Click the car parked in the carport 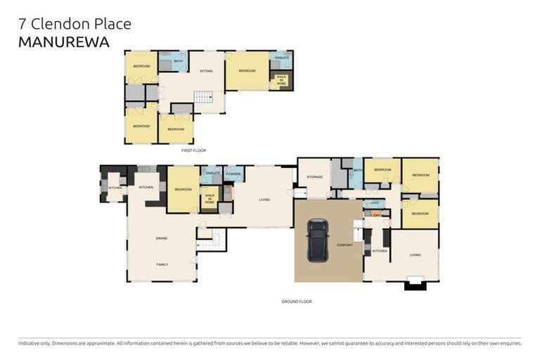(x=318, y=240)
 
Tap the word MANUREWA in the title (x=63, y=42)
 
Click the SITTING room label (x=206, y=71)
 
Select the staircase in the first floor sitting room (x=203, y=97)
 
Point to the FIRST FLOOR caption (x=193, y=150)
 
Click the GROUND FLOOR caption (x=296, y=301)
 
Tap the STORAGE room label (x=314, y=176)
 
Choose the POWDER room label (x=233, y=173)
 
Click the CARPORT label (x=345, y=245)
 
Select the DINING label (x=162, y=238)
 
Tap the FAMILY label (x=162, y=264)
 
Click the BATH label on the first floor (x=178, y=61)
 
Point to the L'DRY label (x=376, y=214)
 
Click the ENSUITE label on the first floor (x=282, y=57)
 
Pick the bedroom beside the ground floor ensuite (x=183, y=189)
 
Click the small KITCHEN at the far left (x=115, y=188)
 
